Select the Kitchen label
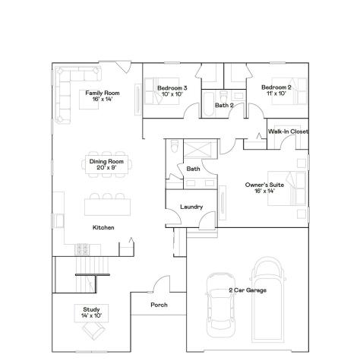pos(103,227)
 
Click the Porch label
pos(159,306)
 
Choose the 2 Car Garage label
pos(248,290)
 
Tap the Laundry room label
pos(190,207)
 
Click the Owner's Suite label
pos(260,187)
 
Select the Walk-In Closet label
pos(288,131)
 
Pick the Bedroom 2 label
pos(276,91)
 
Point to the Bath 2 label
pos(223,105)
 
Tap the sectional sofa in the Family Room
pos(72,78)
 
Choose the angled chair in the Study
pos(94,331)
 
